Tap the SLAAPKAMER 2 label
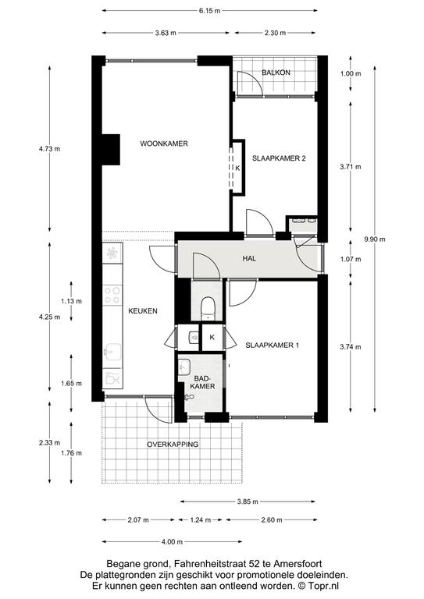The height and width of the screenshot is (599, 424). click(x=279, y=158)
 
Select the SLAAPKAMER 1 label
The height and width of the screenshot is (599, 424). click(x=272, y=346)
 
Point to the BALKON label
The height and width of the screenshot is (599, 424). click(x=276, y=73)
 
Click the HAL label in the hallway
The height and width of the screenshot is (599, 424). click(x=249, y=259)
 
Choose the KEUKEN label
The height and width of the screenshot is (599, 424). click(x=143, y=311)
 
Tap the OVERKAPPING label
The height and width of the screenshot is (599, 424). click(x=173, y=445)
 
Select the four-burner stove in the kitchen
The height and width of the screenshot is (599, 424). click(x=112, y=296)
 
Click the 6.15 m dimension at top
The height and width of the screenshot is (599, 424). click(x=209, y=11)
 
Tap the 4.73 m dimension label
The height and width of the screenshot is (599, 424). click(x=49, y=149)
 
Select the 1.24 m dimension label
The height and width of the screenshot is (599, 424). click(x=201, y=520)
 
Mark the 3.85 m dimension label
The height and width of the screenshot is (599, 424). click(x=248, y=502)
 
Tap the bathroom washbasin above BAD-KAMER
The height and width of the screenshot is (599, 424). click(x=184, y=367)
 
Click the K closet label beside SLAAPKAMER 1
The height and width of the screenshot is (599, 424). click(x=212, y=337)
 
